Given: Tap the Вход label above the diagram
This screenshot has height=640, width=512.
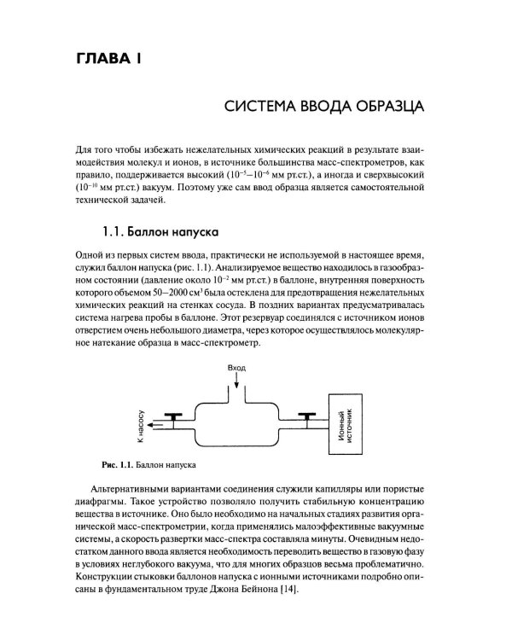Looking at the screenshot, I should point(236,368).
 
